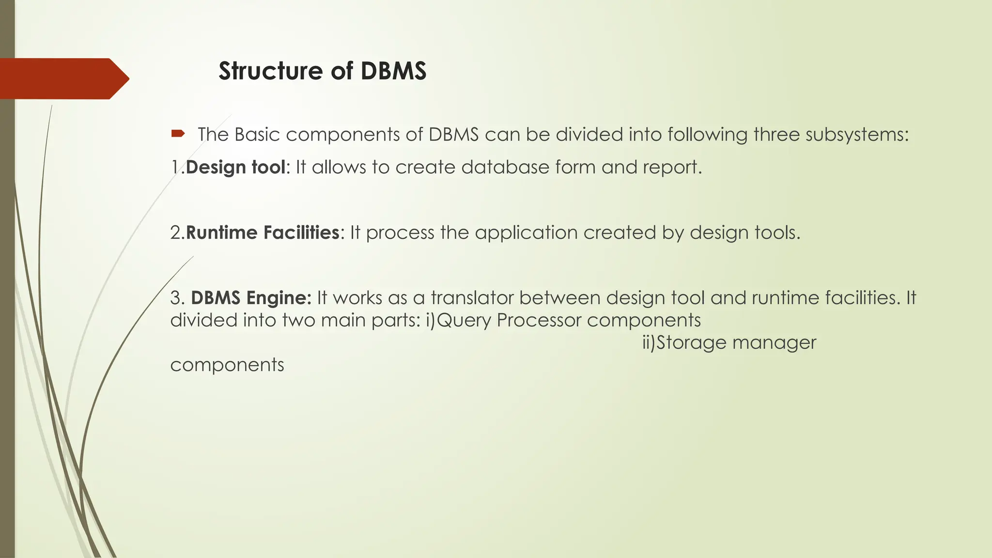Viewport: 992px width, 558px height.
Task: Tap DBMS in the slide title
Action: point(393,71)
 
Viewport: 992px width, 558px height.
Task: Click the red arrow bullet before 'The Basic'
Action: point(178,133)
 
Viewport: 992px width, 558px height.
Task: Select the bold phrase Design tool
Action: point(235,167)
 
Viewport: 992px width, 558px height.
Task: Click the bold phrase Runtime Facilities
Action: point(263,232)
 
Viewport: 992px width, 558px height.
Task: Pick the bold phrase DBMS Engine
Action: point(251,297)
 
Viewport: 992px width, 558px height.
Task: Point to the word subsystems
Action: point(857,135)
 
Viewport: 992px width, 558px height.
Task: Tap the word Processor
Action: point(539,320)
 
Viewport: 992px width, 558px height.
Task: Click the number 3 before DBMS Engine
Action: point(175,298)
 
